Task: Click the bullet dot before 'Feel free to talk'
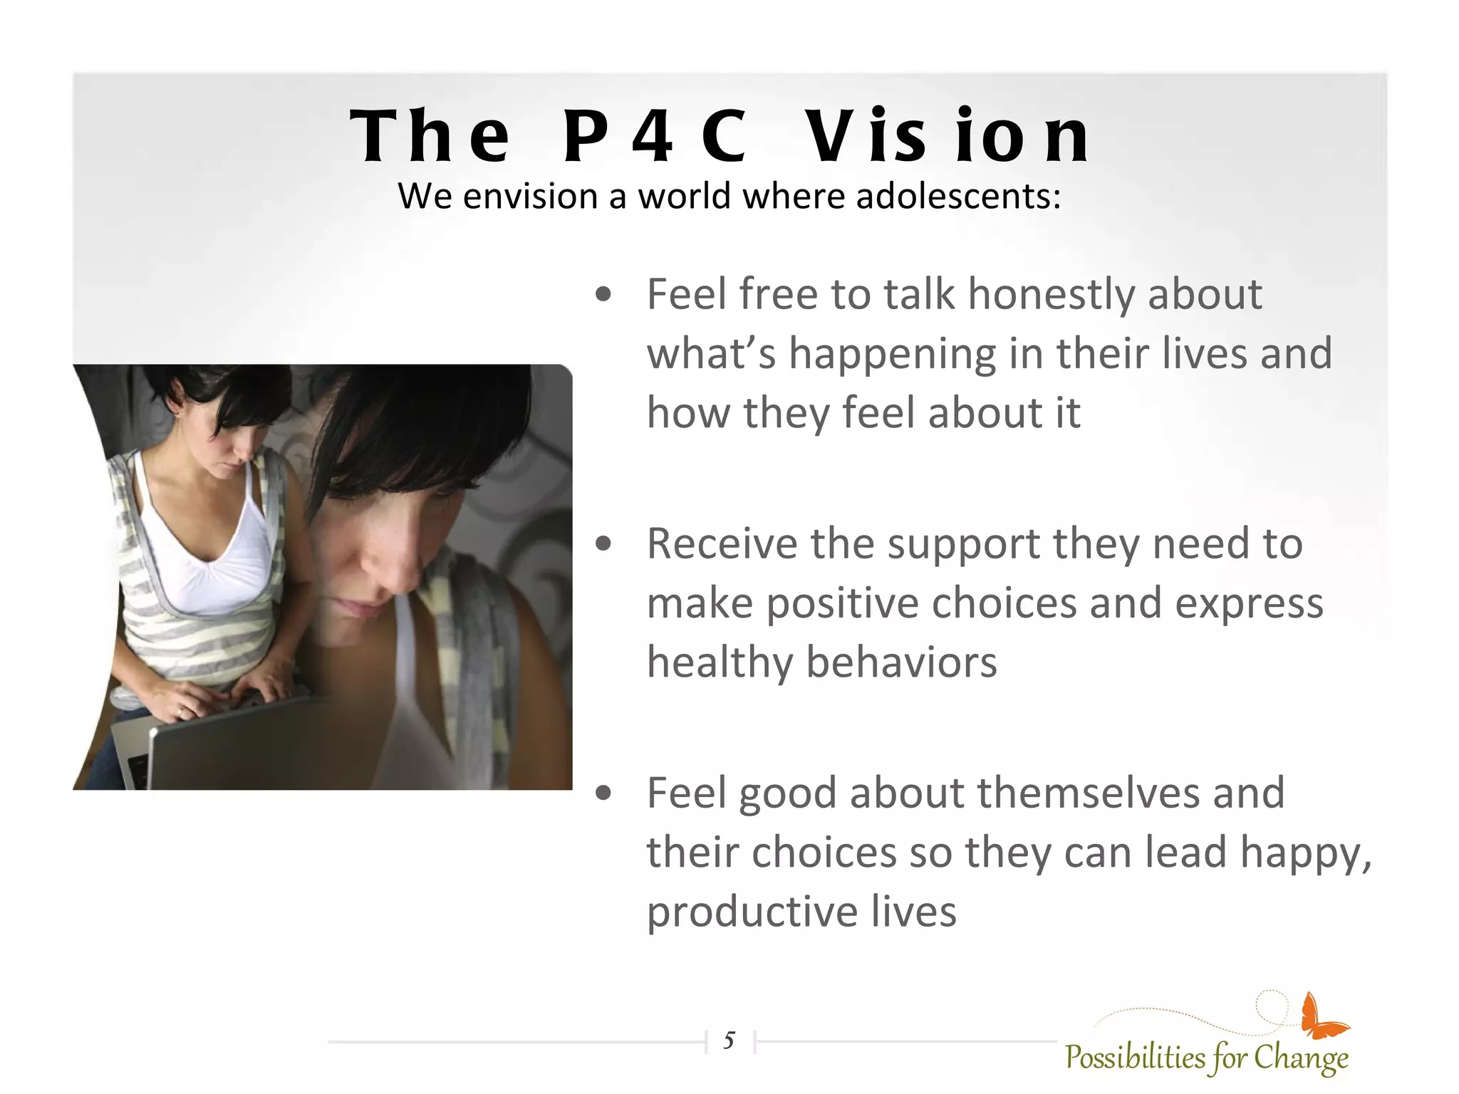[x=603, y=295]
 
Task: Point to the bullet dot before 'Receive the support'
[x=603, y=544]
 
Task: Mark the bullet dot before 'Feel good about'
[x=603, y=793]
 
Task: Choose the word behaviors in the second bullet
[x=901, y=662]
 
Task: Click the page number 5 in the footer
[x=729, y=1041]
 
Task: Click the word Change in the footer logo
[x=1300, y=1058]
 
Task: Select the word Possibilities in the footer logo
[x=1134, y=1058]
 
